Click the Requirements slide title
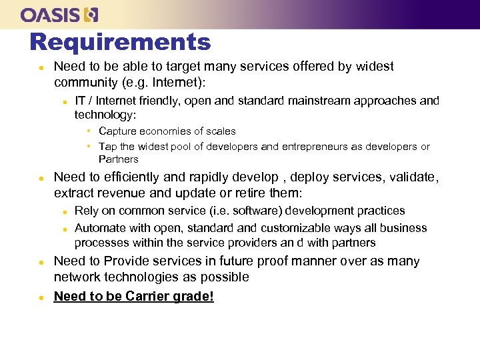[120, 42]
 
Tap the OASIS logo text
[50, 14]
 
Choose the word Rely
[86, 211]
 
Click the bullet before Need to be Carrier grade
[41, 297]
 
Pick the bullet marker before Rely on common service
[64, 211]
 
